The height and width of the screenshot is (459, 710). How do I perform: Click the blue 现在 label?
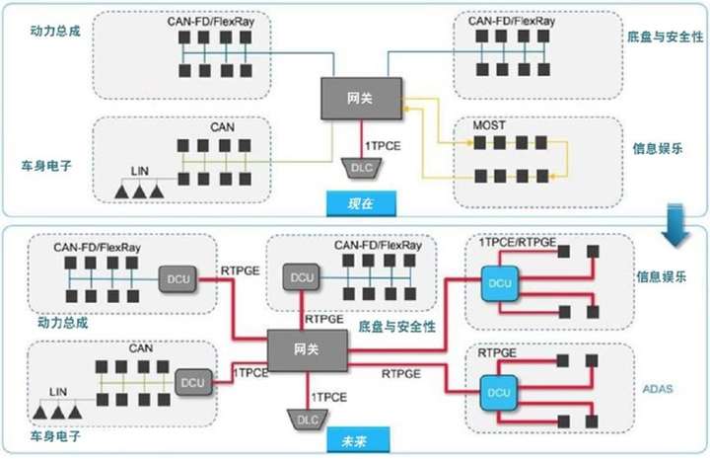(360, 203)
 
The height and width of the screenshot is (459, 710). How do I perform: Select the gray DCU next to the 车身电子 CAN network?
(191, 379)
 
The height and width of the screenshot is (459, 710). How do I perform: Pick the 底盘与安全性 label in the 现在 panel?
(665, 37)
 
